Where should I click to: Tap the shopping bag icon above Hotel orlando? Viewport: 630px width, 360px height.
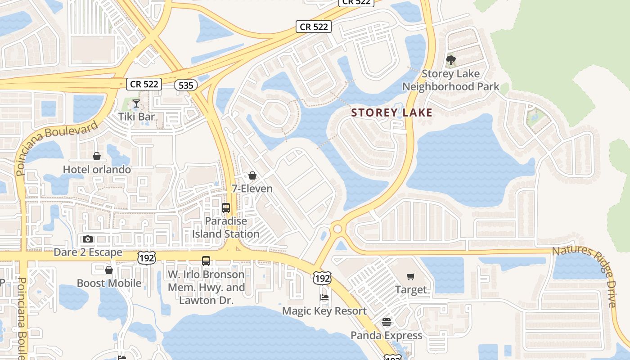point(97,156)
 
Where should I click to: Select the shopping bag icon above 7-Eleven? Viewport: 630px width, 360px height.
point(252,175)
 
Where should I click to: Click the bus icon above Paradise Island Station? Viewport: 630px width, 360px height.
point(226,208)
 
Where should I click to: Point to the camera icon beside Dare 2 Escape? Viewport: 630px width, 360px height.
point(88,239)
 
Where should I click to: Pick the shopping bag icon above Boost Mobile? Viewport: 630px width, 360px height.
point(108,270)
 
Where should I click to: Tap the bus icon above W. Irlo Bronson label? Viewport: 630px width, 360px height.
point(206,261)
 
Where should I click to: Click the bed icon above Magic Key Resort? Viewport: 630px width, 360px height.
point(324,297)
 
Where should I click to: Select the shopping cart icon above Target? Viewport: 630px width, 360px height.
point(410,276)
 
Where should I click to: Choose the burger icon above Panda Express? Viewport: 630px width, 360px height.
point(387,322)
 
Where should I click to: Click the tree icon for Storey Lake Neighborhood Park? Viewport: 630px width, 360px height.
point(450,60)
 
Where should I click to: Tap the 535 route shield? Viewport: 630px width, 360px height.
point(186,85)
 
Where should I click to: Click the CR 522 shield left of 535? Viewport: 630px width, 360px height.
point(145,84)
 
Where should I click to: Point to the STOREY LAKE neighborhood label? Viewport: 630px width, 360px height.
point(391,113)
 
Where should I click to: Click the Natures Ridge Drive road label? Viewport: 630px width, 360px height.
point(589,274)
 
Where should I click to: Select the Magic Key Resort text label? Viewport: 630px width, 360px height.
point(324,311)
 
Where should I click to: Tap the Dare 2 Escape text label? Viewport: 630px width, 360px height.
point(88,252)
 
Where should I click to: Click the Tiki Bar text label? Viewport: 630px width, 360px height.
point(136,117)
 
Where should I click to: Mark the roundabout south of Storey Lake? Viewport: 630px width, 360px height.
point(337,229)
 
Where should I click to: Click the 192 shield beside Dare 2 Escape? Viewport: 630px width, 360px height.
point(147,257)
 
